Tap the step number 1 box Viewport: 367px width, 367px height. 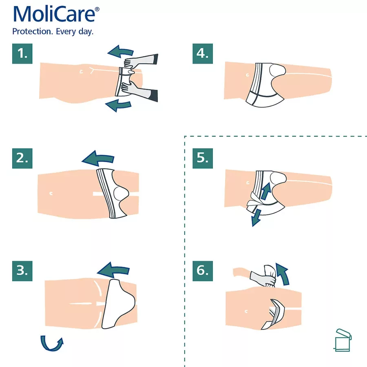click(x=22, y=53)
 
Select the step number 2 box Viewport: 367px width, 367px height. click(x=22, y=158)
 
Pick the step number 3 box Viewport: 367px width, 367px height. click(x=22, y=271)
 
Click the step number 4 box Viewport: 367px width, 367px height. click(x=203, y=53)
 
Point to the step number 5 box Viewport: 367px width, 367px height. click(x=203, y=158)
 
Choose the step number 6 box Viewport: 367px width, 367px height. click(x=203, y=271)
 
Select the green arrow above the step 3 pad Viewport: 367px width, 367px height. click(x=113, y=271)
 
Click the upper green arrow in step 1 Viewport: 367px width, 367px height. click(x=121, y=51)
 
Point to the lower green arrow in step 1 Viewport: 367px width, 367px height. click(x=118, y=105)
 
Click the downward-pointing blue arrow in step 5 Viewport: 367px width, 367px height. click(x=256, y=218)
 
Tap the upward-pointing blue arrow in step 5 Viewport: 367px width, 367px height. click(x=266, y=191)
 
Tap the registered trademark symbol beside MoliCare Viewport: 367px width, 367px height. click(x=97, y=9)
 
